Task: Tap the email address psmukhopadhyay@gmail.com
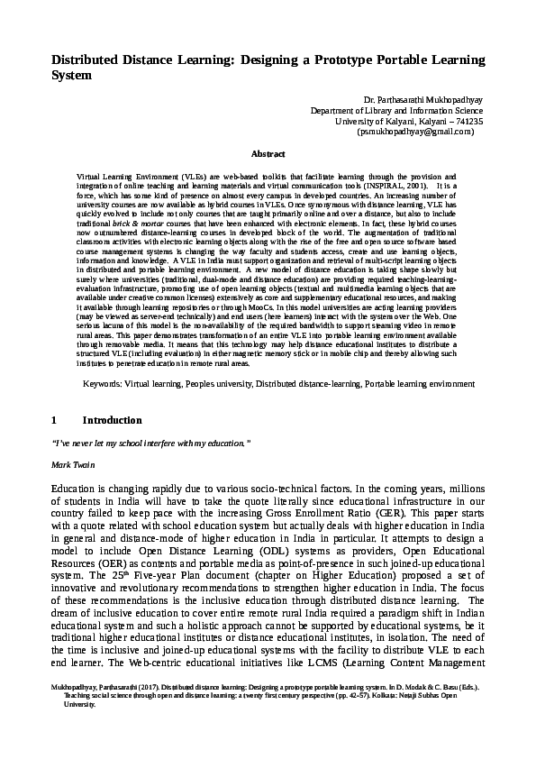click(x=415, y=132)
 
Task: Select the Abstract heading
click(x=268, y=155)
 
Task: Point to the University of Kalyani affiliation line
click(x=409, y=121)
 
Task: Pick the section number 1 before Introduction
click(x=54, y=420)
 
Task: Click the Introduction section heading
click(x=112, y=420)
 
